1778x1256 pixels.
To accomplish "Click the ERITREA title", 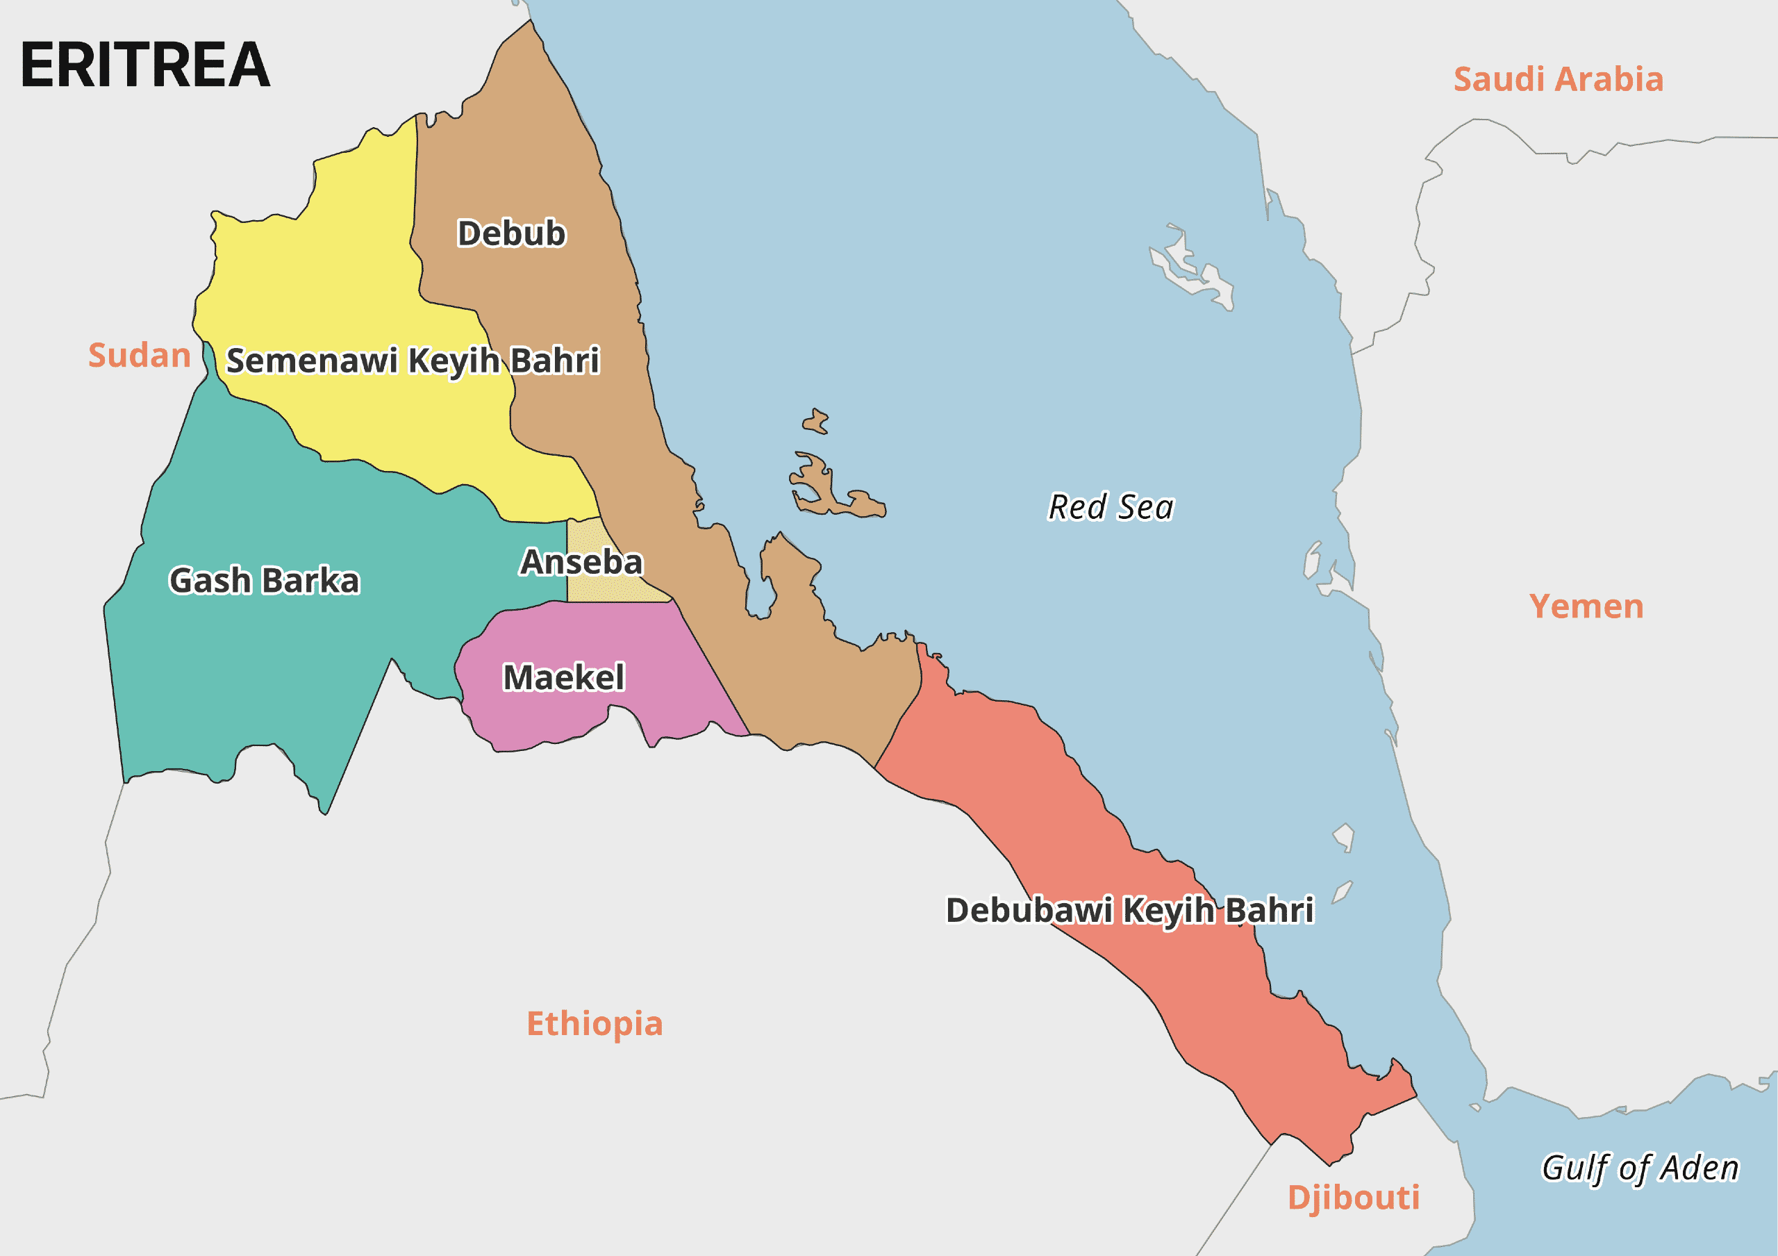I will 145,65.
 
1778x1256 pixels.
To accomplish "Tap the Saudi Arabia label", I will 1558,79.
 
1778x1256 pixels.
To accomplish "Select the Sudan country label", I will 140,356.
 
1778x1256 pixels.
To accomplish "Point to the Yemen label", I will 1586,606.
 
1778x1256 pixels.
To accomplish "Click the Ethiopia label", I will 595,1024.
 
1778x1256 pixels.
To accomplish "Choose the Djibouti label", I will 1354,1197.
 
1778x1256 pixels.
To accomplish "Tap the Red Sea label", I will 1111,507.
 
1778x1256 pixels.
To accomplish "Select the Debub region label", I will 511,233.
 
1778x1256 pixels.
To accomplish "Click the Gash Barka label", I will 264,580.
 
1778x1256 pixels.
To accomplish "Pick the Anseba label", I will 581,562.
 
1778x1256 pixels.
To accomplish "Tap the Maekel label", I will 564,677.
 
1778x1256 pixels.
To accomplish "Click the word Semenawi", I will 311,360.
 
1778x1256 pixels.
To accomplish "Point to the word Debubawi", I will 1029,910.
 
